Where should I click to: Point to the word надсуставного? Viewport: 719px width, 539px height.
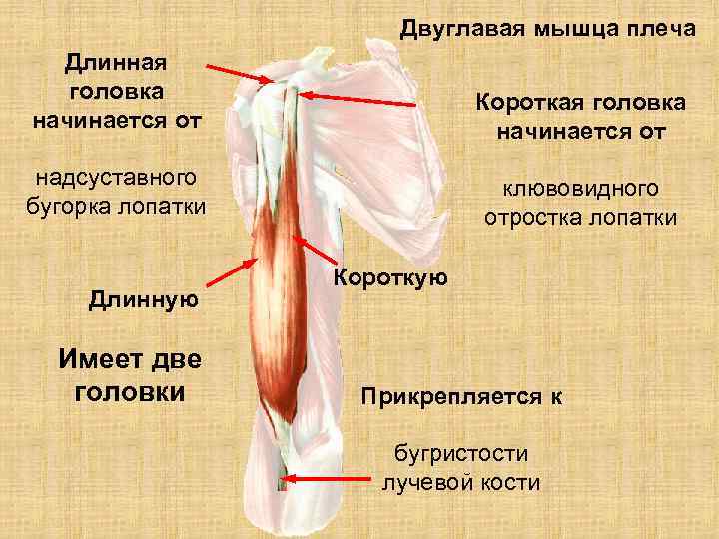[x=116, y=179]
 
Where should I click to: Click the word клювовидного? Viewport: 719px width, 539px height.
[x=580, y=190]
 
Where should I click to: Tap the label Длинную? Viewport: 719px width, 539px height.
[x=145, y=297]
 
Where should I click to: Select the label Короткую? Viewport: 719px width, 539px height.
[x=390, y=276]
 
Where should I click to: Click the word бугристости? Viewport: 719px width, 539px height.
[x=460, y=455]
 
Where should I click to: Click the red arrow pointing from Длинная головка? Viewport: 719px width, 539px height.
[x=240, y=72]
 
